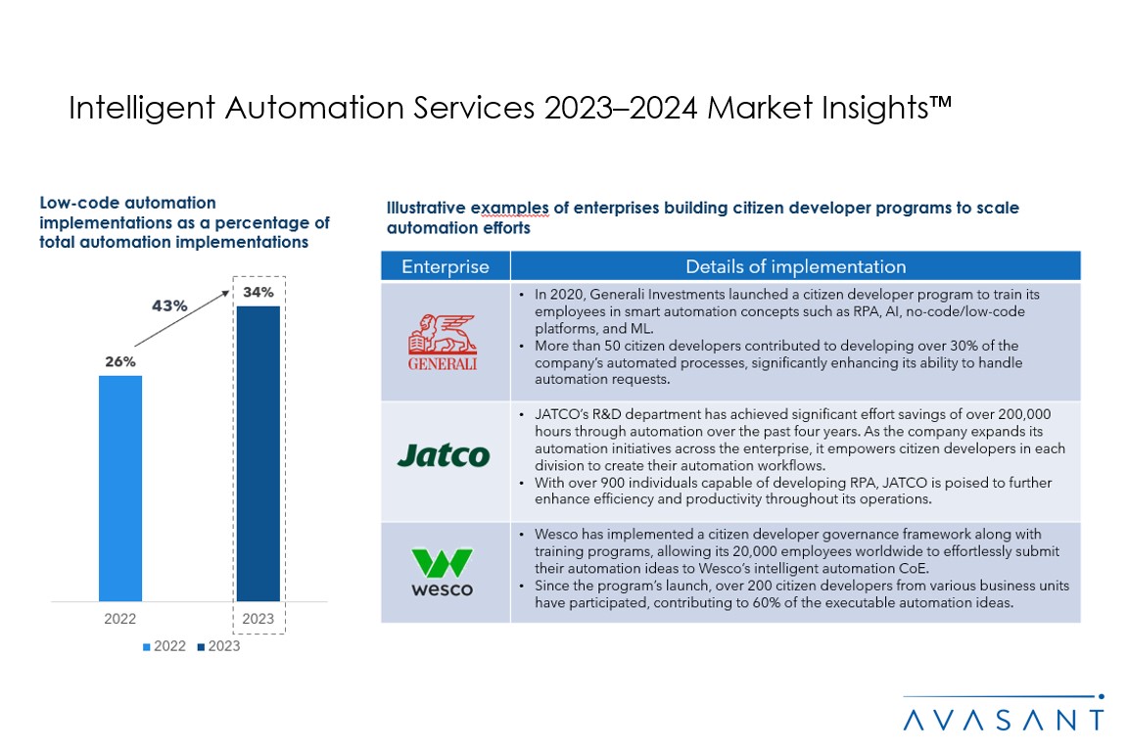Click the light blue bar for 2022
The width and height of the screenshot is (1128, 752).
pos(120,488)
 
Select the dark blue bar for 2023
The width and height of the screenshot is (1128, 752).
pos(258,453)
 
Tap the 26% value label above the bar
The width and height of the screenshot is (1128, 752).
pos(120,361)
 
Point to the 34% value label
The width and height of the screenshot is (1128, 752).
pos(258,293)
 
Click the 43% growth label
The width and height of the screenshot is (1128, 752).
pos(169,305)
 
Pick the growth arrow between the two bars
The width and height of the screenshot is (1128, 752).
pos(183,316)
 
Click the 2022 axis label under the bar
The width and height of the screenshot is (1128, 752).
pos(120,619)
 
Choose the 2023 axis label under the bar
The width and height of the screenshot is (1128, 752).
pos(258,619)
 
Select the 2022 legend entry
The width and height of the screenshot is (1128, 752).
pos(164,646)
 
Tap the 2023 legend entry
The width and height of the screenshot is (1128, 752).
pos(217,646)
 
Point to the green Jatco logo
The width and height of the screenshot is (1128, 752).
pos(443,455)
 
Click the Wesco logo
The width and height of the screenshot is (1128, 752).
pos(443,572)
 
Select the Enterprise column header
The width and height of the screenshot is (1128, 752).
pos(445,266)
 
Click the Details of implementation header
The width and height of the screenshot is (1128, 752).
pos(795,266)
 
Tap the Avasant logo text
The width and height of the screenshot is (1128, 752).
pos(1004,720)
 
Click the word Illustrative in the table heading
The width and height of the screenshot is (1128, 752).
pos(426,208)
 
